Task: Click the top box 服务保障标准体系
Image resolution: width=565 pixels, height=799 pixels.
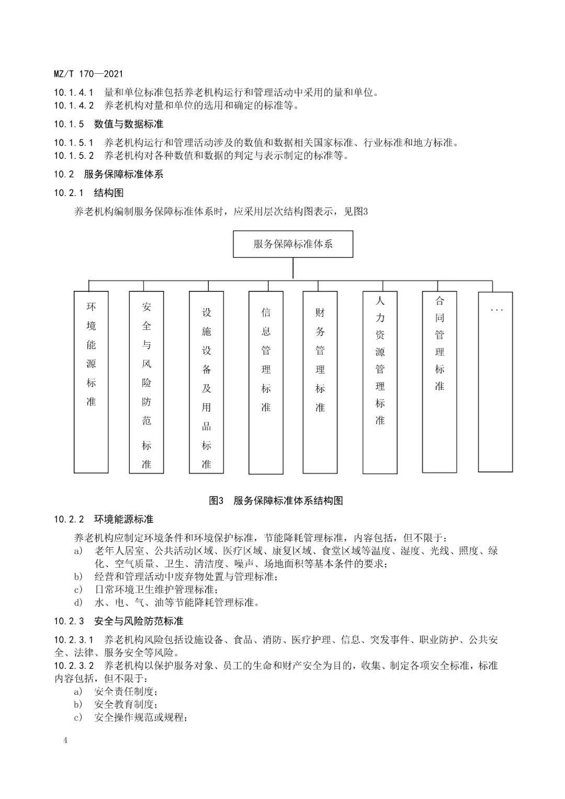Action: (292, 244)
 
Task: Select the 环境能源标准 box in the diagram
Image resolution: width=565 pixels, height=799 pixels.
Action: (92, 382)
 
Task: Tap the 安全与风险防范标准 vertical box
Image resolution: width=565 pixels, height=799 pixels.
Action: (146, 382)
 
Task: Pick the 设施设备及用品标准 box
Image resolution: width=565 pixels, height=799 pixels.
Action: (207, 382)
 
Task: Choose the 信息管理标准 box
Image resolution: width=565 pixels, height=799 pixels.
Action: (266, 382)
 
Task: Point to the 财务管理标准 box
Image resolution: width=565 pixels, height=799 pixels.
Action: (320, 382)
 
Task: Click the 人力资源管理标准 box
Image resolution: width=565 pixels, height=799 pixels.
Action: (380, 382)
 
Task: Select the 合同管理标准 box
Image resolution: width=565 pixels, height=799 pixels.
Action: (439, 382)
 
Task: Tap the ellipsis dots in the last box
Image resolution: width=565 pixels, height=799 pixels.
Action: (496, 310)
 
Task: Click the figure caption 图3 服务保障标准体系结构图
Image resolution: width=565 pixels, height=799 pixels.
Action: (276, 501)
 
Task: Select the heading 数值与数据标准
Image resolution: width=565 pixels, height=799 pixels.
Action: (129, 124)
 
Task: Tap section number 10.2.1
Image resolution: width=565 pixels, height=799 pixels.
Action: (69, 193)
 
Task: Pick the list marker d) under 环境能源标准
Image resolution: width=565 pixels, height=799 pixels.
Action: (78, 602)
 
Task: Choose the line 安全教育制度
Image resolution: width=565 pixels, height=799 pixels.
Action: (126, 704)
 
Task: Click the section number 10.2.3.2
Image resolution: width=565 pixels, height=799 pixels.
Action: (74, 666)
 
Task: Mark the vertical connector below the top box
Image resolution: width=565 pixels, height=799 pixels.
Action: (293, 268)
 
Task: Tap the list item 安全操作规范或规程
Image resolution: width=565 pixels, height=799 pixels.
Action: (141, 717)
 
